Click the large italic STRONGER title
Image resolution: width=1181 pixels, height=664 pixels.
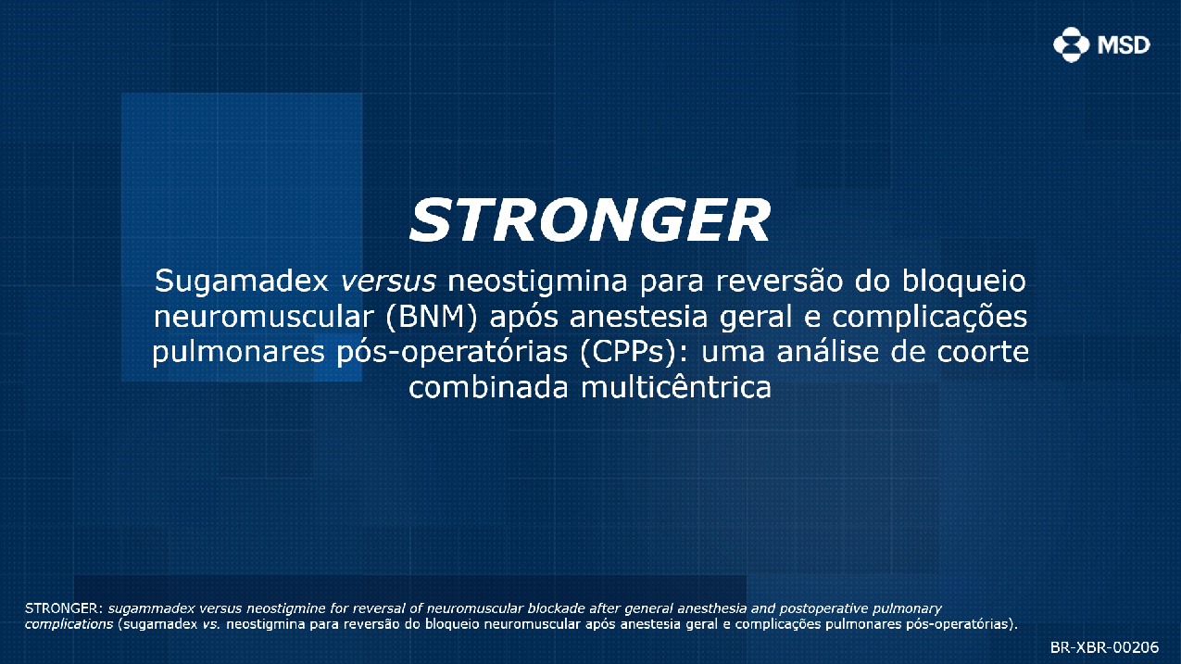(590, 220)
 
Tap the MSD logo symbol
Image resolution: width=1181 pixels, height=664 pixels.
(1071, 44)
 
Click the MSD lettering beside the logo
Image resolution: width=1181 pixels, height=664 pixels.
(1124, 45)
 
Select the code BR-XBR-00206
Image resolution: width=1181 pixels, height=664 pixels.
(1104, 646)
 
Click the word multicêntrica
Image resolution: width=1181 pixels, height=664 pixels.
(676, 387)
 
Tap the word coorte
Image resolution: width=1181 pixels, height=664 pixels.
(983, 352)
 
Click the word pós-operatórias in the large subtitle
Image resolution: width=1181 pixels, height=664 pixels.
(452, 352)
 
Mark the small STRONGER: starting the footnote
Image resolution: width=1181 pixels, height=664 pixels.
(64, 608)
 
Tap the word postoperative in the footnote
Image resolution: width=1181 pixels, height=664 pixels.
(823, 608)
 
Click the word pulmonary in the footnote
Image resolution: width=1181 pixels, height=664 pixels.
(907, 608)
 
